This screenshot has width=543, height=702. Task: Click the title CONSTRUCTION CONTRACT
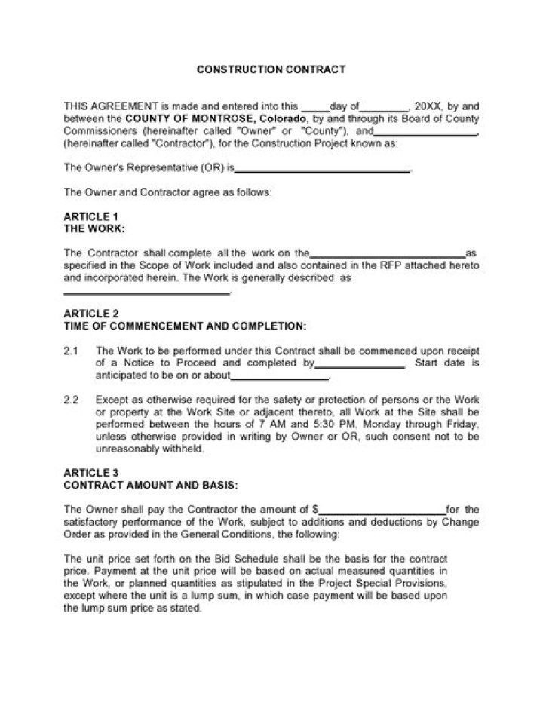(x=271, y=69)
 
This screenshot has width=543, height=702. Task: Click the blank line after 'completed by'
(x=359, y=363)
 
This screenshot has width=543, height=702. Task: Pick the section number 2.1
(x=71, y=351)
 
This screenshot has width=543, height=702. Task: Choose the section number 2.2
(x=71, y=399)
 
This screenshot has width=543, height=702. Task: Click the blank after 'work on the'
(x=388, y=253)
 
